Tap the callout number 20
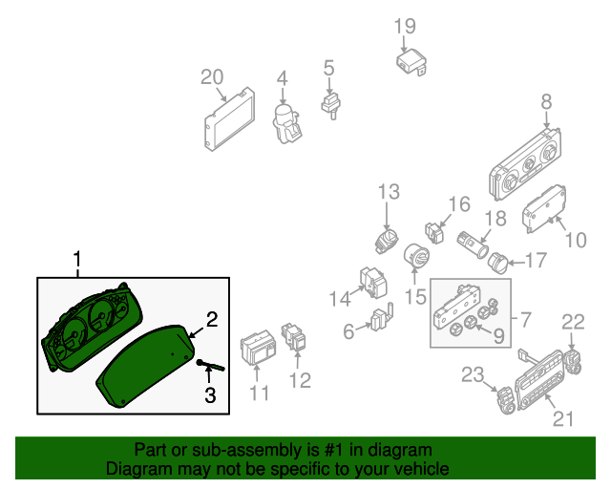211,77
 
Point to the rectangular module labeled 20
230,118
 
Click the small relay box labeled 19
411,62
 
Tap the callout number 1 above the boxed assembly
77,259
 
